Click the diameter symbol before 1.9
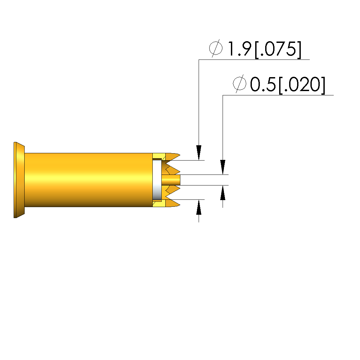[216, 48]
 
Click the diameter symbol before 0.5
[240, 84]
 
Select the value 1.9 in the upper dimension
[239, 49]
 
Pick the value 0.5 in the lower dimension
[263, 84]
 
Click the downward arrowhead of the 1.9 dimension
[199, 153]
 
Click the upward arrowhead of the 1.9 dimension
[199, 207]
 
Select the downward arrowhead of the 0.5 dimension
[223, 167]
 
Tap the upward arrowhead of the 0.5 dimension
[223, 192]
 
